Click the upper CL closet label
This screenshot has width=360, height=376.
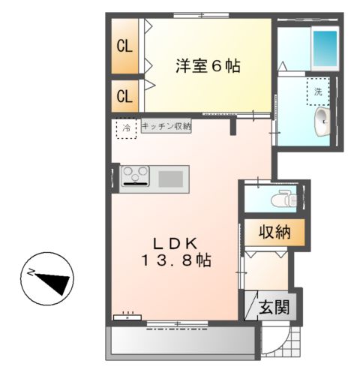tap(124, 46)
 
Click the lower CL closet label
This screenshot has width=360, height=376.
tap(124, 96)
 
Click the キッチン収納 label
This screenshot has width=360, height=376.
tap(165, 126)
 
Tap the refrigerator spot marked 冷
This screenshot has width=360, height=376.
tap(126, 128)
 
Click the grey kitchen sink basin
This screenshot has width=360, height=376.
tap(170, 179)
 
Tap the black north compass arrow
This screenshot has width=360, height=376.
tap(52, 281)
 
